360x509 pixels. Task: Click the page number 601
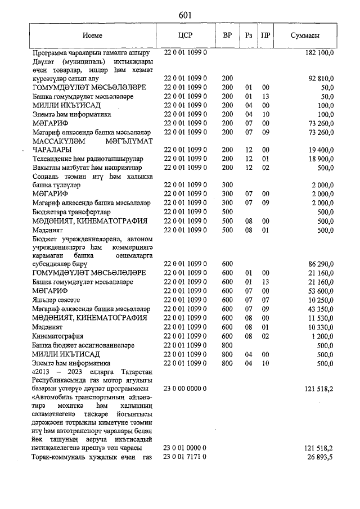click(186, 15)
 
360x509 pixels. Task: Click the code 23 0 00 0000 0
click(186, 388)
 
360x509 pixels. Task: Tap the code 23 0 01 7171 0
click(186, 456)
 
